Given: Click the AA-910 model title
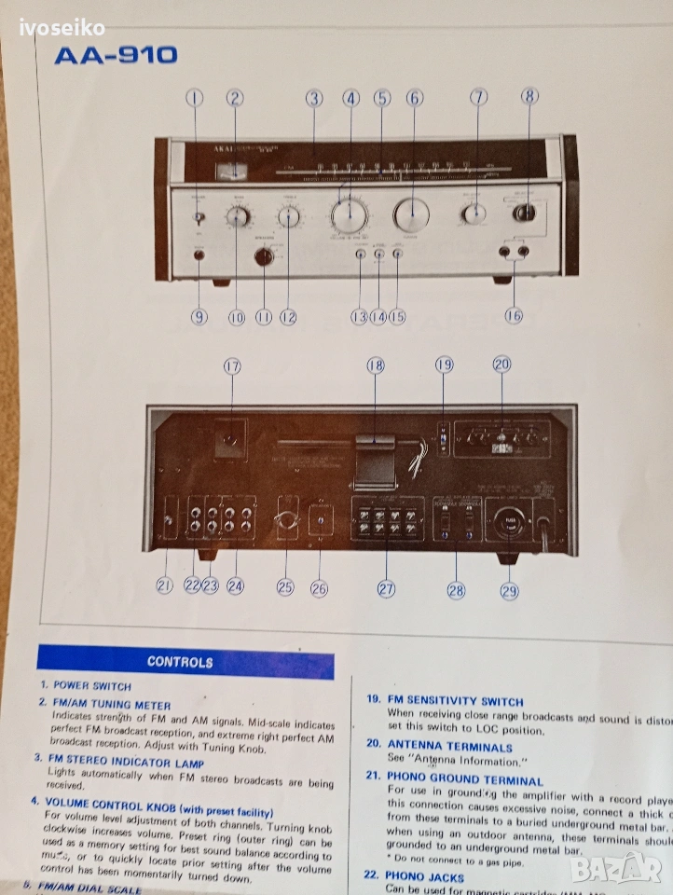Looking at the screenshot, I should coord(116,55).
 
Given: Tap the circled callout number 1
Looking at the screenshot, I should coord(194,97).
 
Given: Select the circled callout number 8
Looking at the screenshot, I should coord(529,95).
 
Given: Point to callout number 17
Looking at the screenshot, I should coord(232,366).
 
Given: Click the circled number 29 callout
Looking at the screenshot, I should coord(509,589).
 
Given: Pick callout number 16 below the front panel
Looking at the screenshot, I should coord(514,315).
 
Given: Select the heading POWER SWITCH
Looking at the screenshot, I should coord(91,685).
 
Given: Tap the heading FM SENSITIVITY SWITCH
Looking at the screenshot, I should coord(455,701).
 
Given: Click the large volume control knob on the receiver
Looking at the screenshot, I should coord(350,215).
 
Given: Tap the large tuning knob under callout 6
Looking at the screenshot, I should coord(411,215).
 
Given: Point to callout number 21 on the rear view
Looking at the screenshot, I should coord(165,585).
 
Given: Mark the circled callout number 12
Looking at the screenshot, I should coord(288,317).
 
